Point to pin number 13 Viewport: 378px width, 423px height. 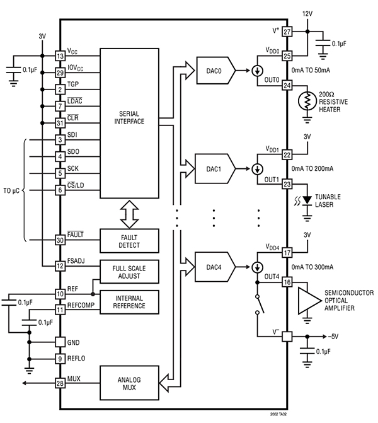59,56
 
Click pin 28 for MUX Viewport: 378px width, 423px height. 59,383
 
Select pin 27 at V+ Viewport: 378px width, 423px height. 287,32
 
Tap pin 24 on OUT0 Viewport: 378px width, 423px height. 287,86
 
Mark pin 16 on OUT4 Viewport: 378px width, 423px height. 287,283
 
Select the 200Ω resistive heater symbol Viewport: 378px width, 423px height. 307,101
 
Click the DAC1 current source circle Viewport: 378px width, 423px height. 258,170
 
